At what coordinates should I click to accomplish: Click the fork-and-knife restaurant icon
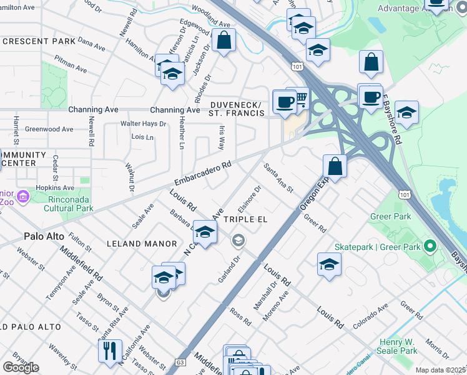(x=110, y=350)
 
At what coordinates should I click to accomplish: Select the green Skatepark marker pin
(x=428, y=246)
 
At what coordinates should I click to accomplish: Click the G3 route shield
(x=180, y=362)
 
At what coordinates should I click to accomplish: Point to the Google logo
(x=21, y=367)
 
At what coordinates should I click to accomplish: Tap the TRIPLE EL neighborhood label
(x=245, y=219)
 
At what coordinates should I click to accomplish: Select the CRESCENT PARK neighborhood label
(x=39, y=41)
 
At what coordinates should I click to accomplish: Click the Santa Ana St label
(x=278, y=178)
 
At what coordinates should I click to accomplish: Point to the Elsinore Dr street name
(x=250, y=199)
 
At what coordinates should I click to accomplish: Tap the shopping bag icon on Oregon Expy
(x=335, y=166)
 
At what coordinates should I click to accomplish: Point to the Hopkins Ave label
(x=55, y=187)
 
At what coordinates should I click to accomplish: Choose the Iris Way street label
(x=221, y=136)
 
